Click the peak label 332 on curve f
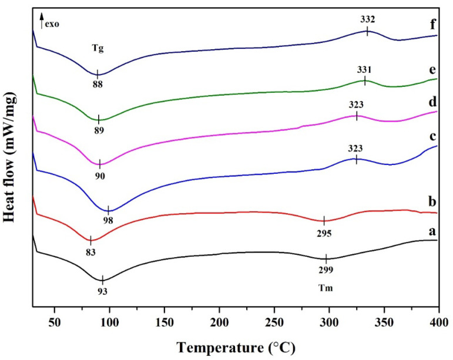coord(367,20)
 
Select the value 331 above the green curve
coord(365,69)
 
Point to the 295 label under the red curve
coord(324,233)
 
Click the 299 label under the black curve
coord(326,270)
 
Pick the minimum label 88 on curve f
coord(97,85)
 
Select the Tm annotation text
coord(327,289)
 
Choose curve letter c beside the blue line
coord(432,137)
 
